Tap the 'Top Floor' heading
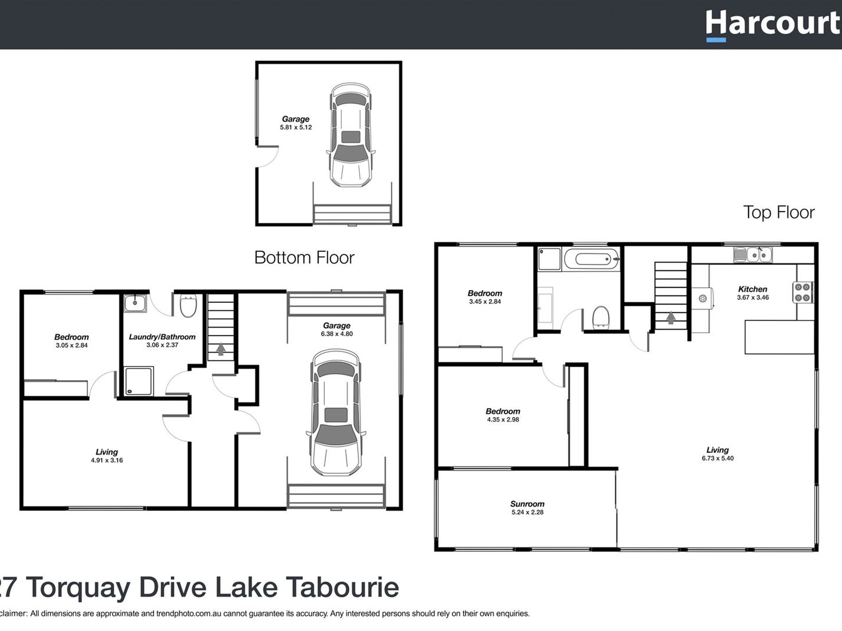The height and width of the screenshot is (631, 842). (x=778, y=213)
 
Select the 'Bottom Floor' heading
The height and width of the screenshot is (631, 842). (x=304, y=258)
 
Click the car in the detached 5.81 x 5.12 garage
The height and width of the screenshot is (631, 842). (x=351, y=135)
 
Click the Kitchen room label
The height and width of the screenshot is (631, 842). (x=752, y=289)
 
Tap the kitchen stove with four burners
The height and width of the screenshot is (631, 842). (x=802, y=292)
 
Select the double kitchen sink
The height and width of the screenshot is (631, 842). (x=753, y=255)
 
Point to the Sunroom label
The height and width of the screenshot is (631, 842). (x=527, y=504)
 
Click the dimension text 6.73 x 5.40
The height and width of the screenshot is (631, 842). (x=717, y=458)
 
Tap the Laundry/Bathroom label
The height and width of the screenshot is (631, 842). (x=162, y=337)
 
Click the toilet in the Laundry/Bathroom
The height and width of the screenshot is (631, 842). (x=188, y=306)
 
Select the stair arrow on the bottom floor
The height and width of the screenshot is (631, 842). (x=221, y=349)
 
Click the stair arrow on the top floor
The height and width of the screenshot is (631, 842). (x=670, y=317)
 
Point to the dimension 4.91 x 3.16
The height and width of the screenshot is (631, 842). (x=107, y=460)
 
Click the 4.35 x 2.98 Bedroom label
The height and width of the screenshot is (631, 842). (x=503, y=411)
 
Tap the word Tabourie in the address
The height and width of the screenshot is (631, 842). (x=342, y=587)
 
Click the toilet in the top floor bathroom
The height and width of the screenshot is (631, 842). (x=601, y=317)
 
